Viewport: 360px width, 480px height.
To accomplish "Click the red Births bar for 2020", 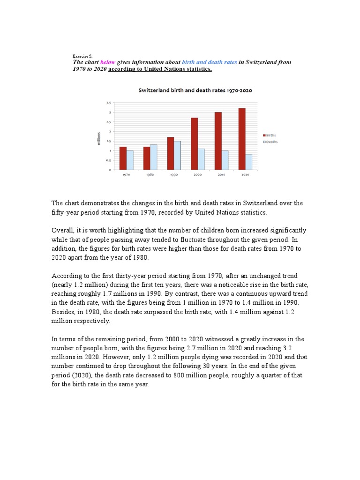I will [x=242, y=139].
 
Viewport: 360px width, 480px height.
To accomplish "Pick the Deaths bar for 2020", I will [x=248, y=162].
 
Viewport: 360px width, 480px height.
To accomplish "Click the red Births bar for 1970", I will [x=123, y=158].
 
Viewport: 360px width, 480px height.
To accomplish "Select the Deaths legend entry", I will [x=270, y=142].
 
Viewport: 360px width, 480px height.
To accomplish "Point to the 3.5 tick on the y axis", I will [x=108, y=102].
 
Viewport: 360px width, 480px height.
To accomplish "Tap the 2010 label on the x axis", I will [x=221, y=175].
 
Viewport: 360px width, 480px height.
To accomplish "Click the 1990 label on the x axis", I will [x=174, y=175].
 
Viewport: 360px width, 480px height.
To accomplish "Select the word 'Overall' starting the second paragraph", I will [x=62, y=230].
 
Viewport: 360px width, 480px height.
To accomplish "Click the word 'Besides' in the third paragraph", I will [x=63, y=312].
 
